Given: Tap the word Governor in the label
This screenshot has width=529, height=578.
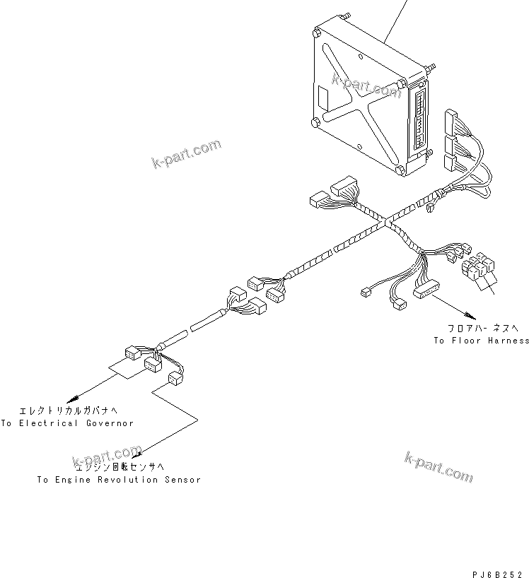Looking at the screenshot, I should (110, 423).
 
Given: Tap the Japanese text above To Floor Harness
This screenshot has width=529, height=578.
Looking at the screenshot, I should (484, 329).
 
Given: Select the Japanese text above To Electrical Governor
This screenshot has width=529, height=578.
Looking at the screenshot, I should (59, 410).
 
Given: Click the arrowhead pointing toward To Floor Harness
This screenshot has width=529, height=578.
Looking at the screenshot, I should (467, 314).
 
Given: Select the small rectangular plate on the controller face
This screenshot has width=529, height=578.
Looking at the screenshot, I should (322, 93).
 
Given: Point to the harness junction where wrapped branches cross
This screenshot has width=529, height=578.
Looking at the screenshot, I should (385, 223).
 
